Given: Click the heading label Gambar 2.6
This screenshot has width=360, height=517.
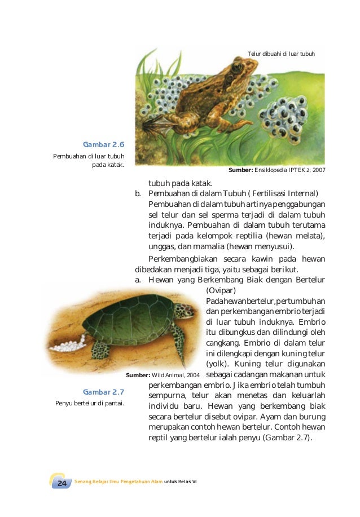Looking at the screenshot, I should pyautogui.click(x=103, y=144).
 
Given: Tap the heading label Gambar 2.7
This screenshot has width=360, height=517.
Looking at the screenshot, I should pyautogui.click(x=103, y=392).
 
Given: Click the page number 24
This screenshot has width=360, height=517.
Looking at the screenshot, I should pyautogui.click(x=62, y=484).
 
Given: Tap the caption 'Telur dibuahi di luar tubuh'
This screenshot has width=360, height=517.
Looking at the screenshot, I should pyautogui.click(x=281, y=54).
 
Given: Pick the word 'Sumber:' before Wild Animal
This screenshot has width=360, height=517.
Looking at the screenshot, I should pyautogui.click(x=138, y=375).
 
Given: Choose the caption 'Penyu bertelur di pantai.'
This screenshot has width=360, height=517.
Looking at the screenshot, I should pyautogui.click(x=90, y=403).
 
